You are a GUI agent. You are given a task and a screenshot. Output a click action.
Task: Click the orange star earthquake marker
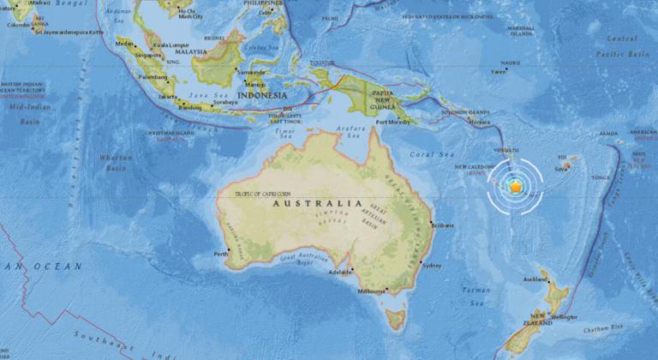516,185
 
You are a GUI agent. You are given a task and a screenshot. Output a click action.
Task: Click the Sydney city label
433,265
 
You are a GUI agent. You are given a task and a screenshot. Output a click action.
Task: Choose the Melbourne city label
374,291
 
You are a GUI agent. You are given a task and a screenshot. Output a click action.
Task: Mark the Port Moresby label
394,122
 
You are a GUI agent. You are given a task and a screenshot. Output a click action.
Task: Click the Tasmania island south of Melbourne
394,320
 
